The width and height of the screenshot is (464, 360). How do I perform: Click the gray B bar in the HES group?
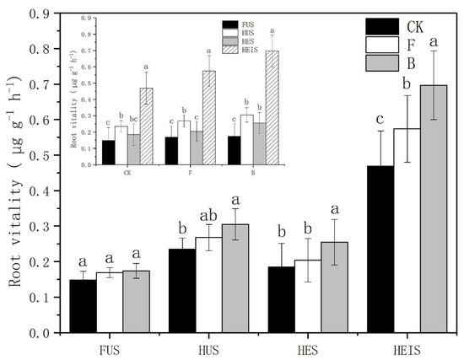(x=334, y=287)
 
